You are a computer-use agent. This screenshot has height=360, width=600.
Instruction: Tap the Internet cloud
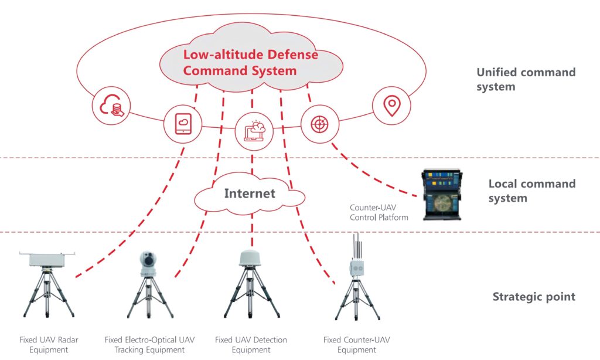250,193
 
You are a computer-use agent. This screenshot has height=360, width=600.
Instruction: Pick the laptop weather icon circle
253,130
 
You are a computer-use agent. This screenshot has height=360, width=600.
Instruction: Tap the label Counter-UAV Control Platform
379,212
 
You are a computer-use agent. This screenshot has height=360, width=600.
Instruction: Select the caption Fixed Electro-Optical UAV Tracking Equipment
149,345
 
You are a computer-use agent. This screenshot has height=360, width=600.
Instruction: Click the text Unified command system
526,80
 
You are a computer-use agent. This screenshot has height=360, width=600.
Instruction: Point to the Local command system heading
532,191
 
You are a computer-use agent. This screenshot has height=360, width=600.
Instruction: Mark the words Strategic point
534,297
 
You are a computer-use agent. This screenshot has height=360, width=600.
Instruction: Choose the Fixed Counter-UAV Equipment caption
356,345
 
